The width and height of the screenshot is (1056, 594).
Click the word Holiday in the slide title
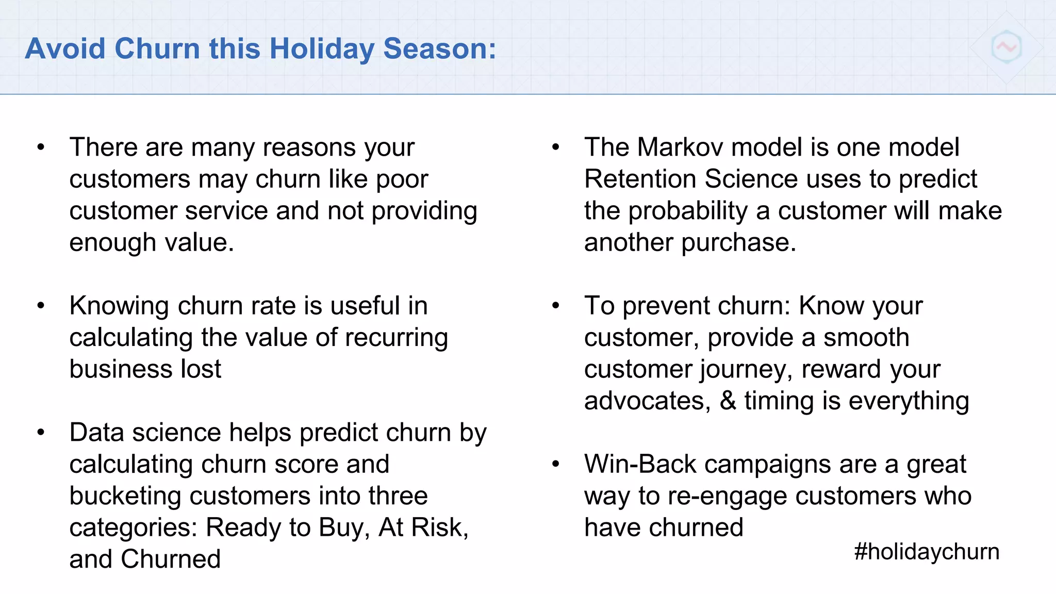coord(322,49)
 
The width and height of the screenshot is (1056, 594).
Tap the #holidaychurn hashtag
coord(927,551)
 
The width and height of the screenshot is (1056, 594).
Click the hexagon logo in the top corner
coord(1006,47)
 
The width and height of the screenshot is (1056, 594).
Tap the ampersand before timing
coord(728,401)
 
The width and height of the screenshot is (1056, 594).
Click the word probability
coord(688,211)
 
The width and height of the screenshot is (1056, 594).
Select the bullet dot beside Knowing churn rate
coord(41,306)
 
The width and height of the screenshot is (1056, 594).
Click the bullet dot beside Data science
coord(41,433)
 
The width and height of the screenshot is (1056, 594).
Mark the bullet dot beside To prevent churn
coord(555,306)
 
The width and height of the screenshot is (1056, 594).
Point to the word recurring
coord(396,338)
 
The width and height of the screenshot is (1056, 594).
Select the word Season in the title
coord(439,49)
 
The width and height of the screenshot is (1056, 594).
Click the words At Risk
coord(423,527)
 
